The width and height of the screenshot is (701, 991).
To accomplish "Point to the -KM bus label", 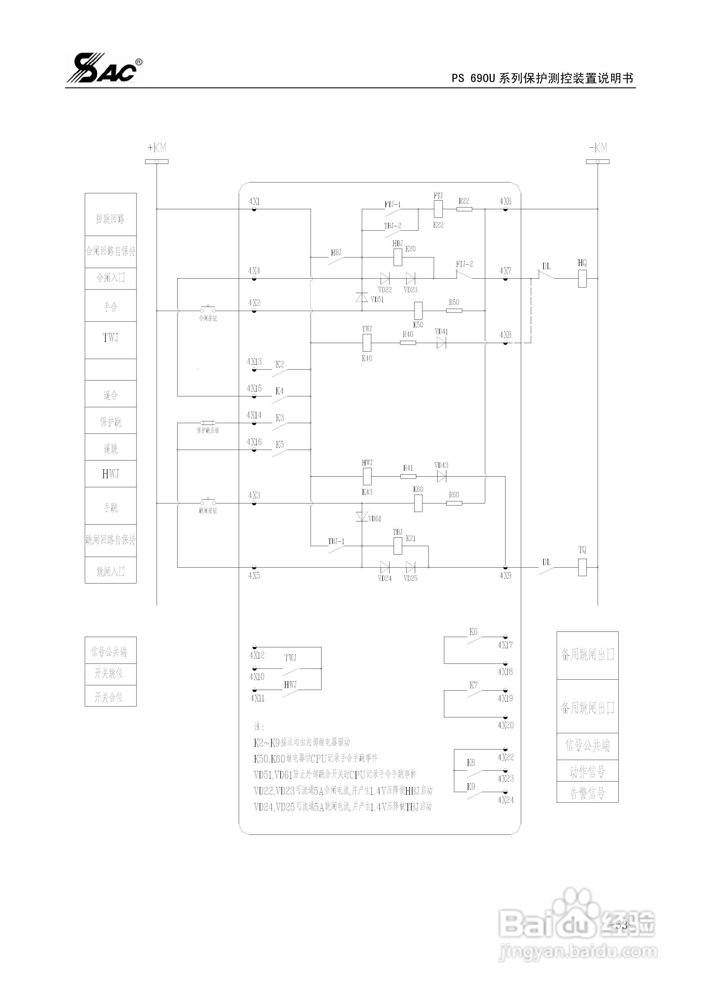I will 598,148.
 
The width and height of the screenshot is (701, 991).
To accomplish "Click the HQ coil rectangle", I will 582,279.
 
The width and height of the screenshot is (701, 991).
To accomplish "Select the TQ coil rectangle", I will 582,567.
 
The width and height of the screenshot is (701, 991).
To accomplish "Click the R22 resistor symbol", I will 464,209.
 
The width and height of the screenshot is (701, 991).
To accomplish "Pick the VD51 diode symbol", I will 362,297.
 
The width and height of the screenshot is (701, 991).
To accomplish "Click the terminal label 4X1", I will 254,202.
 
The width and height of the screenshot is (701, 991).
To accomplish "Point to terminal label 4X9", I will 505,576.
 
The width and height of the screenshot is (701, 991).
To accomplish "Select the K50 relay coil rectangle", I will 418,310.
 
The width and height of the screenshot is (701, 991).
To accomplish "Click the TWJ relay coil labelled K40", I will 367,343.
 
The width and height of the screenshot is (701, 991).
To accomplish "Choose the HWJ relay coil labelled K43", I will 367,476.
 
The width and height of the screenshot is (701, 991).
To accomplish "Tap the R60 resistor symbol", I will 454,503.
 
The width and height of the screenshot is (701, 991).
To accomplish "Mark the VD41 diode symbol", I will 441,343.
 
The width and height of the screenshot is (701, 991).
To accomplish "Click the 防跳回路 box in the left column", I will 111,219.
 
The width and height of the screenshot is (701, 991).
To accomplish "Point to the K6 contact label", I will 473,632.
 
